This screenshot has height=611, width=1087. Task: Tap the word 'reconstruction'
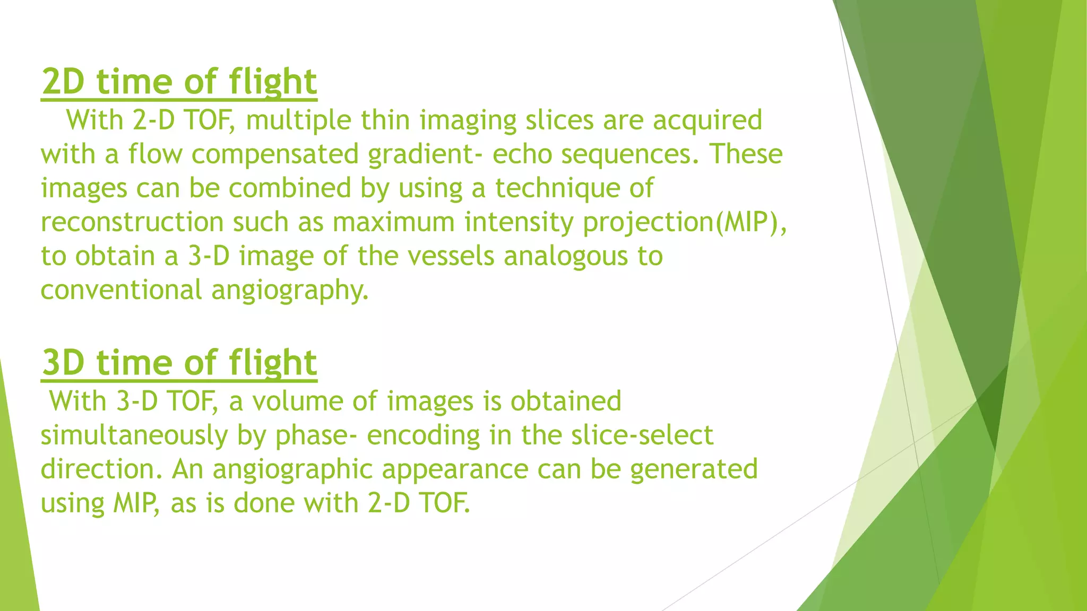tap(132, 222)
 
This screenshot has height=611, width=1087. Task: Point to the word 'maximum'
tap(393, 222)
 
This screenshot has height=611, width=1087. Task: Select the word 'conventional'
tap(122, 290)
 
